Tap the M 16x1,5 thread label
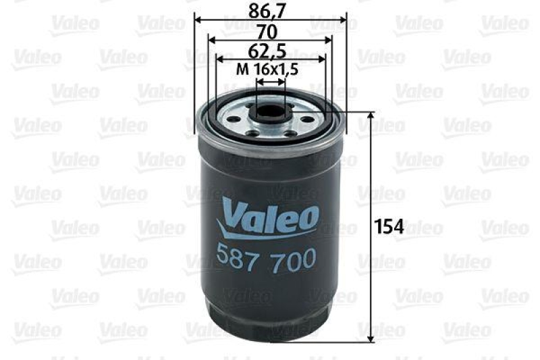267,68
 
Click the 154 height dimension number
389,227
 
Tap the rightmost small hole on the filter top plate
308,120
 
